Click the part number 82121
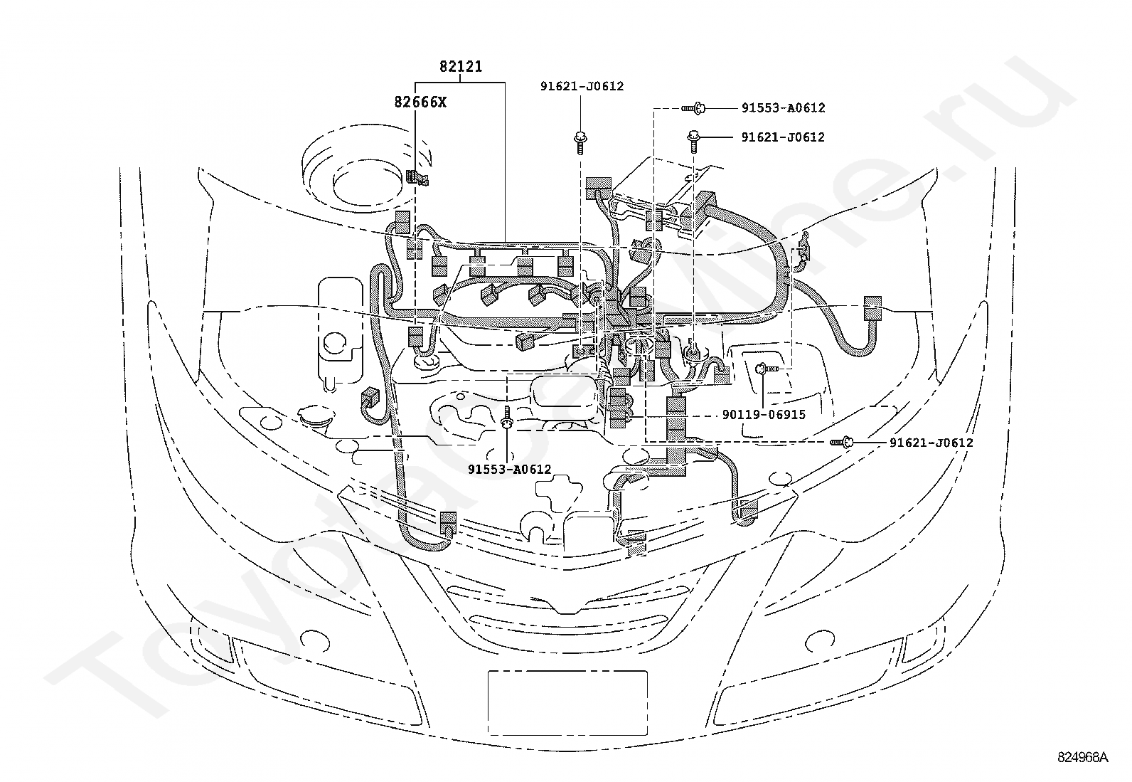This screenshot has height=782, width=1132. click(460, 67)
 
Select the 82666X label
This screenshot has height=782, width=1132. click(420, 102)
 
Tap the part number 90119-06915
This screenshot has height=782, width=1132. click(763, 414)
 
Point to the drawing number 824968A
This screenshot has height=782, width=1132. click(1082, 756)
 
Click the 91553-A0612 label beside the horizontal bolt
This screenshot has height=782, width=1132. click(783, 108)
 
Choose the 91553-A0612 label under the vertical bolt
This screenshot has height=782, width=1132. click(509, 469)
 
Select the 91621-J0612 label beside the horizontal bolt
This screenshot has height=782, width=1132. click(931, 443)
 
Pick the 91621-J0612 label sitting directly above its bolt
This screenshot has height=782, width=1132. click(581, 86)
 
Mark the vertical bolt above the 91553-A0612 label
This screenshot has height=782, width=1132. click(507, 418)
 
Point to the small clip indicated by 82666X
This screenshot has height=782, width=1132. click(416, 178)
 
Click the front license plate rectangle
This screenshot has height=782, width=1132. click(567, 702)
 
